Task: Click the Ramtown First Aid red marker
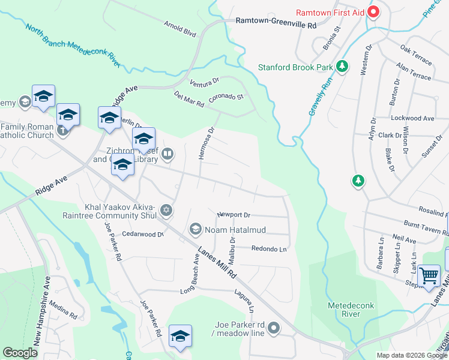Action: (373, 12)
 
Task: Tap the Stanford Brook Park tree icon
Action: (342, 67)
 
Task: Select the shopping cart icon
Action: (430, 276)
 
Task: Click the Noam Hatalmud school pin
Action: (195, 230)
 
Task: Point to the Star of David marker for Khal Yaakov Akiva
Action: (167, 210)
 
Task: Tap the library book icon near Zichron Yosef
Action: (168, 155)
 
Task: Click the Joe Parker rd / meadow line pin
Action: (274, 328)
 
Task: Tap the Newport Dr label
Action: (234, 215)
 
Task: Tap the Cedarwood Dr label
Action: (143, 235)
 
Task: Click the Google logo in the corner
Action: (20, 352)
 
